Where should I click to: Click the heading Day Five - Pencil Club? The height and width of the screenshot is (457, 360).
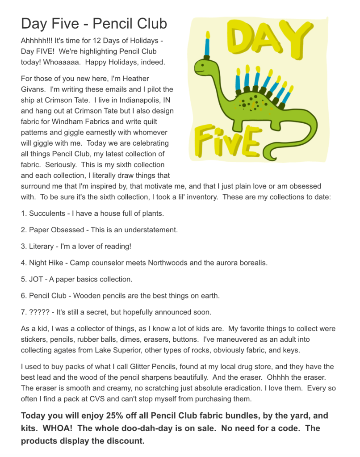coord(94,23)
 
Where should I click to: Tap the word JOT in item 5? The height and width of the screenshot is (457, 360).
coord(36,279)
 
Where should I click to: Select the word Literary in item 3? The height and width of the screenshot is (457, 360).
coord(41,246)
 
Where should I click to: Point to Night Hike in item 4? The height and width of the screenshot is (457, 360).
coord(46,263)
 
